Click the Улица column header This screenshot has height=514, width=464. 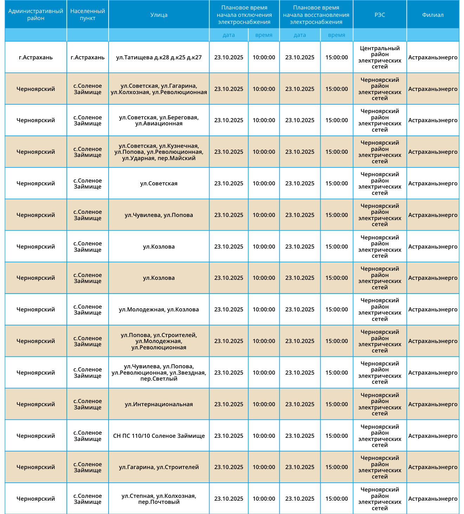point(159,15)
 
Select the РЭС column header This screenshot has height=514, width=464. point(380,15)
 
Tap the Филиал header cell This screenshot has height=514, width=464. point(433,15)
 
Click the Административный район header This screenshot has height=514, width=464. point(36,15)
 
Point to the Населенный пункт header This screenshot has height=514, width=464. point(88,15)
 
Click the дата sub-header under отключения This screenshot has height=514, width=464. point(228,35)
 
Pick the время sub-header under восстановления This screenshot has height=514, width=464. point(336,35)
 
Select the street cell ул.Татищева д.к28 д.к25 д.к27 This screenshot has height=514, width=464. point(159,57)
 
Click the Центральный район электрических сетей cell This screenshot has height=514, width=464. point(380,57)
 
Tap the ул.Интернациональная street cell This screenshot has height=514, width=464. point(159,404)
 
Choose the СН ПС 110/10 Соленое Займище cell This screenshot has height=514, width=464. point(159,436)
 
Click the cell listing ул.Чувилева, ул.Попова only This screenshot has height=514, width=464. point(159,215)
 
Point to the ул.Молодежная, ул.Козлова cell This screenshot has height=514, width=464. point(159,309)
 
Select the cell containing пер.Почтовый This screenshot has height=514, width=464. point(159,499)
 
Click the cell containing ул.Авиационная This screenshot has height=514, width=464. point(159,120)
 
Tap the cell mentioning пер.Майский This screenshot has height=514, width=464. point(159,152)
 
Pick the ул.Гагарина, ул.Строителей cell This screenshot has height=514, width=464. point(159,467)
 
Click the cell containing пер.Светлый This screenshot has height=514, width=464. point(159,373)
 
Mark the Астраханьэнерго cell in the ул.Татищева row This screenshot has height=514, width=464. point(433,57)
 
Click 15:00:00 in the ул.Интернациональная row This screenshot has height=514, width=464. point(336,404)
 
